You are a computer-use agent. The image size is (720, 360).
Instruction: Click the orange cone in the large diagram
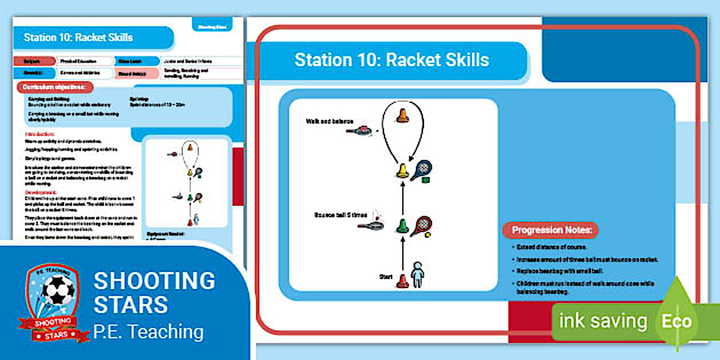(x=403, y=115)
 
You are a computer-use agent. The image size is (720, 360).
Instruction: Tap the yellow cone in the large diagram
(x=403, y=170)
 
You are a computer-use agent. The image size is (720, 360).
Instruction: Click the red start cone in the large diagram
(x=403, y=281)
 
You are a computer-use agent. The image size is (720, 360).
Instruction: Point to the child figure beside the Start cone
(x=418, y=275)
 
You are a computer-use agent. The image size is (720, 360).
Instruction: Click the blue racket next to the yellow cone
(x=422, y=169)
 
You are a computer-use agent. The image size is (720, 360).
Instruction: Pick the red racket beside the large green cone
(x=421, y=225)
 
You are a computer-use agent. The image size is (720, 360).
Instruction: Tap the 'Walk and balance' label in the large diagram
(x=330, y=121)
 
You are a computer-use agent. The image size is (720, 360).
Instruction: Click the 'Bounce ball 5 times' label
(x=341, y=215)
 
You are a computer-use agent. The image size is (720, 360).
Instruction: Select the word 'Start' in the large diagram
(x=386, y=277)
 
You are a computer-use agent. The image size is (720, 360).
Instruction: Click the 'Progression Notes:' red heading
(x=551, y=230)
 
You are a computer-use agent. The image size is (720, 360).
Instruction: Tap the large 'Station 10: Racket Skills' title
(x=391, y=60)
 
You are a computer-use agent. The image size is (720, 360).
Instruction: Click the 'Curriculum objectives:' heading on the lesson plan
(x=55, y=87)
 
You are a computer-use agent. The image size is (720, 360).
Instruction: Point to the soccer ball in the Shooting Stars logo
(x=59, y=291)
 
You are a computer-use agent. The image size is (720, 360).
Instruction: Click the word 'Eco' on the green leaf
(x=677, y=321)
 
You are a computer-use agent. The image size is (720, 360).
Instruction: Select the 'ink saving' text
(x=603, y=321)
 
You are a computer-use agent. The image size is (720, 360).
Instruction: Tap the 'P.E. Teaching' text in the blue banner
(x=148, y=331)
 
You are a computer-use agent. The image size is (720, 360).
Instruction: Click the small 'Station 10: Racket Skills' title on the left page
(x=78, y=38)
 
